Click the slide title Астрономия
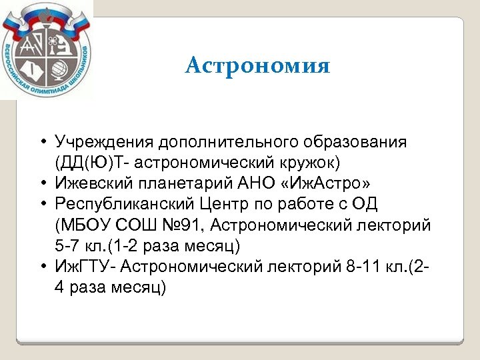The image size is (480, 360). click(x=257, y=66)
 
